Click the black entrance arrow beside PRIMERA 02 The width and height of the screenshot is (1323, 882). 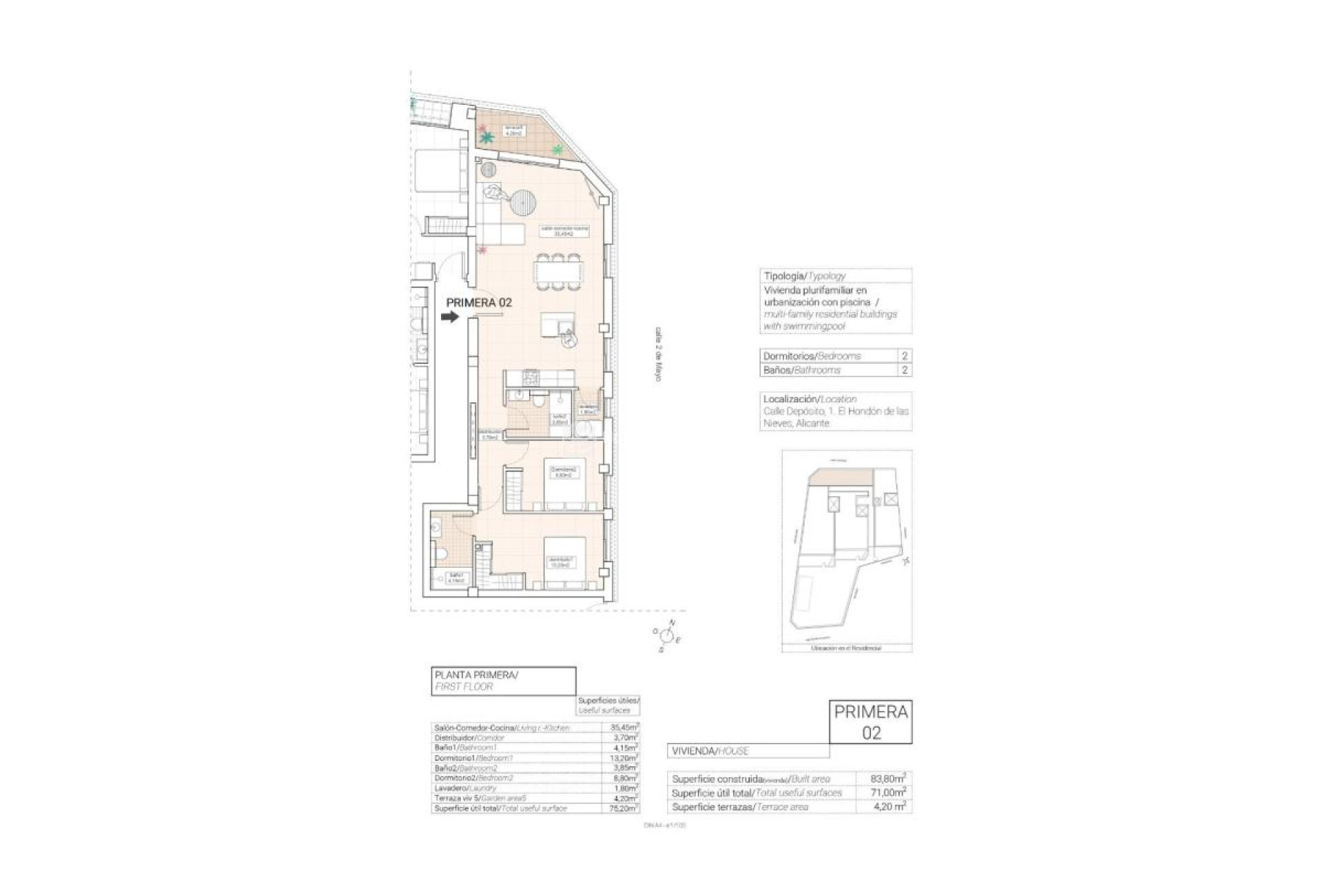click(x=449, y=317)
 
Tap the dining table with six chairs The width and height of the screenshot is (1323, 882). click(x=559, y=271)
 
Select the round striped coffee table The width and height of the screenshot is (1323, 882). click(x=522, y=202)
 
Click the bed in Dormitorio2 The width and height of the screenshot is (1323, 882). click(x=565, y=483)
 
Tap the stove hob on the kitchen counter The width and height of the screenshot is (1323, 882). click(x=531, y=378)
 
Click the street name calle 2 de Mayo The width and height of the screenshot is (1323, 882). click(x=658, y=354)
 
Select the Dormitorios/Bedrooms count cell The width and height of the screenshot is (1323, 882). click(x=905, y=356)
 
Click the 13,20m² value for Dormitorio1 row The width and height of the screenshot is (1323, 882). click(x=624, y=758)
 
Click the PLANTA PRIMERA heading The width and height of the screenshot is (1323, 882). click(x=475, y=675)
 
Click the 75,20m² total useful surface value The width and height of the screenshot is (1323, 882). click(x=624, y=808)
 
